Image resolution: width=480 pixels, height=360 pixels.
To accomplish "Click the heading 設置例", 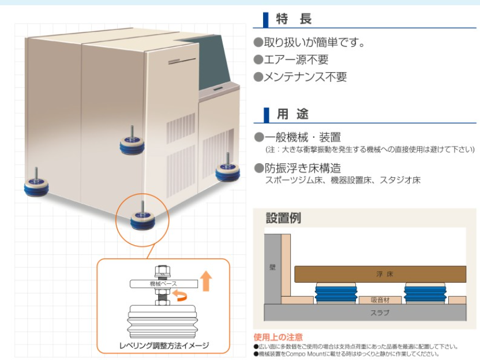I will (x=283, y=218).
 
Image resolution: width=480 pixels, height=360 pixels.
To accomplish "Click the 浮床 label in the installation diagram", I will (x=380, y=274).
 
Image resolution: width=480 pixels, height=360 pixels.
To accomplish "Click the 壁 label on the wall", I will (x=272, y=267).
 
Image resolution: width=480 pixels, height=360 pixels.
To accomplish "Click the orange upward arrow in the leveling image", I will (x=206, y=281).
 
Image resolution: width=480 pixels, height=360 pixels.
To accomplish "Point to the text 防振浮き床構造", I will (x=302, y=168).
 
